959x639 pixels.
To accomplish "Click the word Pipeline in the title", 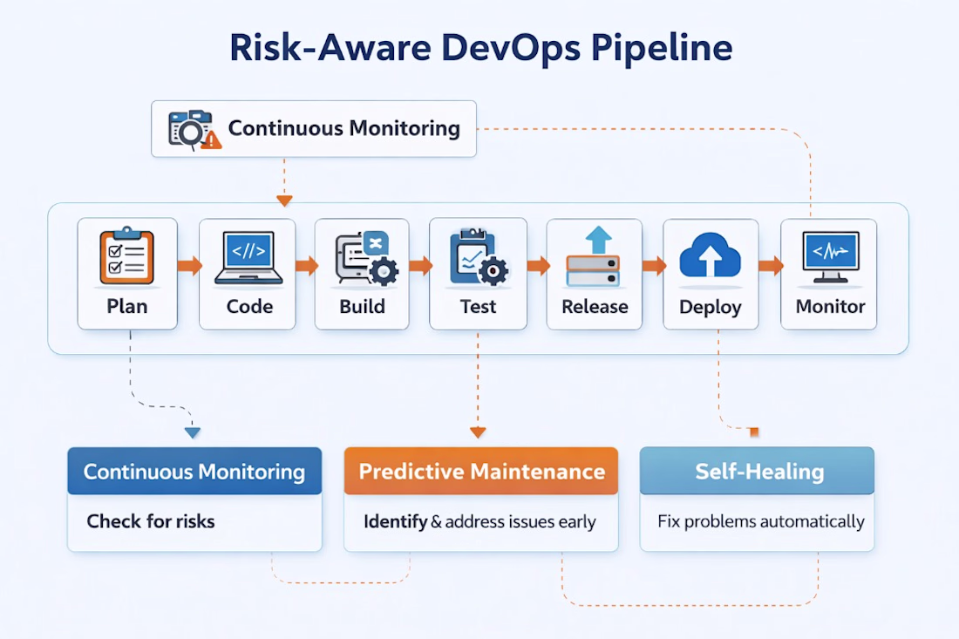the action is [x=662, y=49].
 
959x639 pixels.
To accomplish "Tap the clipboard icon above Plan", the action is [x=126, y=256].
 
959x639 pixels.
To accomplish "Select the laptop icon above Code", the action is [x=248, y=257].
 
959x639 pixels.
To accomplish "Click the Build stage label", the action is [x=362, y=306].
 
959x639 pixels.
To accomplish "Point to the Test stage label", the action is [x=478, y=306].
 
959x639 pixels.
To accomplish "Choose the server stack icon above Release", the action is [x=593, y=256].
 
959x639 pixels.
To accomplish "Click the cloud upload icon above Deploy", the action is [x=710, y=255].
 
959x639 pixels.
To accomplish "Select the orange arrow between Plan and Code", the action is [x=189, y=265].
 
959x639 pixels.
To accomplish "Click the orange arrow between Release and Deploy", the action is [x=654, y=265].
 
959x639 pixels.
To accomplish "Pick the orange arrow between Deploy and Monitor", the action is [x=771, y=265].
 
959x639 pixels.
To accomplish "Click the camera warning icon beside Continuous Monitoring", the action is [x=194, y=130].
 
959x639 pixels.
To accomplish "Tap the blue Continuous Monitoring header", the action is [x=194, y=471].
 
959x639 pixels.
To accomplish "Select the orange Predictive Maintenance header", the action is [x=480, y=471].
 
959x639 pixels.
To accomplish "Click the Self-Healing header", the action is [x=757, y=471].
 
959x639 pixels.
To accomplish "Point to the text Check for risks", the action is [x=151, y=521].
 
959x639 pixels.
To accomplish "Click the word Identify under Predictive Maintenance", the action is [x=395, y=521].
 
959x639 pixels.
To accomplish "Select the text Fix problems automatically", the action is [x=761, y=521].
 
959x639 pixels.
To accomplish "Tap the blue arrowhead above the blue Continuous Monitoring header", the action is [x=193, y=433].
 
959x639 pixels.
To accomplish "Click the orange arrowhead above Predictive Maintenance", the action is [x=478, y=432].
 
